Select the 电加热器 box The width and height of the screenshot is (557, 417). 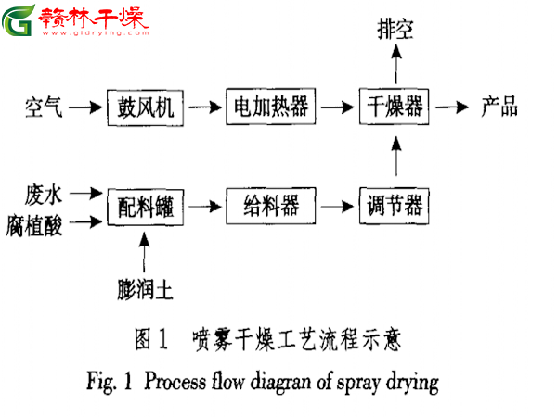click(271, 107)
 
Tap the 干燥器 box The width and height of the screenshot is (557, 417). click(394, 107)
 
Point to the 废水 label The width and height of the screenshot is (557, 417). click(44, 194)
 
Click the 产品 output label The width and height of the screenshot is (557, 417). click(499, 107)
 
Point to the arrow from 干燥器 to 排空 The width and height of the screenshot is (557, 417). click(396, 65)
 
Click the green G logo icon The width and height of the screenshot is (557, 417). click(19, 19)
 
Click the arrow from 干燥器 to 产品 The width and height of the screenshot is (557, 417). click(452, 107)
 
